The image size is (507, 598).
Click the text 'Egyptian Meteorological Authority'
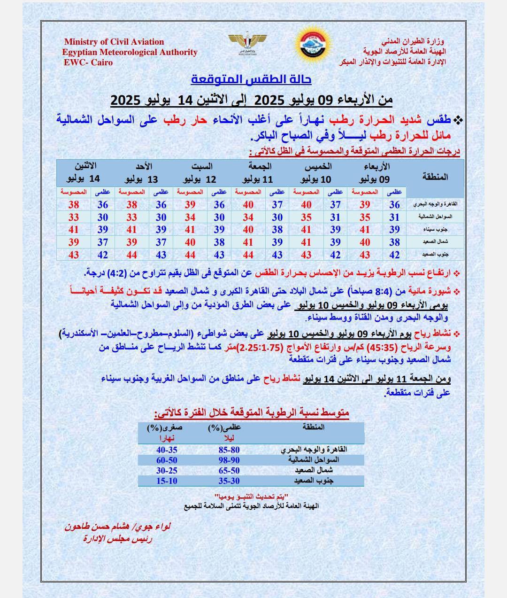click(x=130, y=52)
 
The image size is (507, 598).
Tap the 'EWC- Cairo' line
click(x=88, y=62)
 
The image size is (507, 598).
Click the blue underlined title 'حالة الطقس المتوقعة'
click(x=252, y=79)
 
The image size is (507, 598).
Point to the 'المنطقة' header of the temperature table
click(x=435, y=177)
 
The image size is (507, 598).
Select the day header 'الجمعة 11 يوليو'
click(x=259, y=173)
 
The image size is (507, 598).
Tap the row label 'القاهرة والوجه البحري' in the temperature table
click(x=435, y=205)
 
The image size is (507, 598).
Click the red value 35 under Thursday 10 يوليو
click(x=306, y=217)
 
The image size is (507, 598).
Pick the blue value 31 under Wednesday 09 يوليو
click(x=394, y=217)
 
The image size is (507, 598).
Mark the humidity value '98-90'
click(x=229, y=460)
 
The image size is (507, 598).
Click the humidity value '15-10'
click(x=167, y=481)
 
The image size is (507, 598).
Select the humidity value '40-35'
click(x=167, y=450)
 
